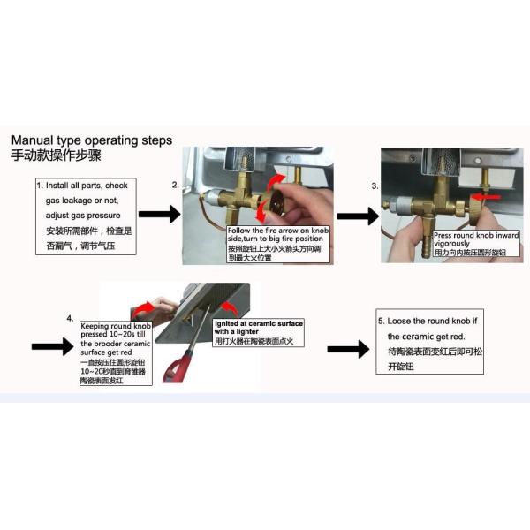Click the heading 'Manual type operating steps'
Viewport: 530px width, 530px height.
[92, 140]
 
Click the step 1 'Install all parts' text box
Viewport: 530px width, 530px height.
[86, 216]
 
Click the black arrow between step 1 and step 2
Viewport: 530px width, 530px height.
[160, 215]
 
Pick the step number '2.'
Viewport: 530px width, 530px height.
[176, 185]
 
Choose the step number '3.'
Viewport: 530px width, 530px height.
[375, 186]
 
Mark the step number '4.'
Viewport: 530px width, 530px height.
[70, 316]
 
